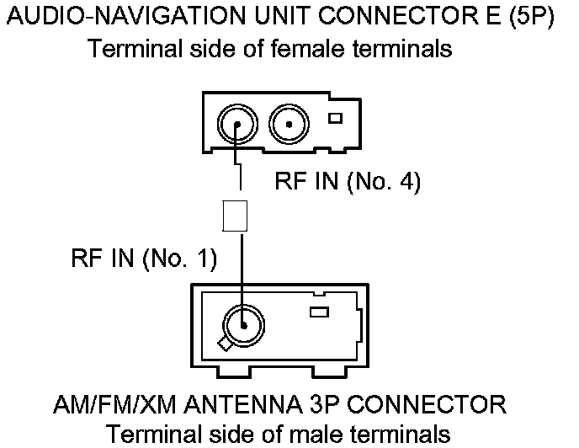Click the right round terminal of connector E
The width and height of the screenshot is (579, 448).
[x=289, y=127]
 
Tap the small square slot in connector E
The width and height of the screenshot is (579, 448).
[x=335, y=118]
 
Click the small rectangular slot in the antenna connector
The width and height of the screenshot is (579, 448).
[x=319, y=312]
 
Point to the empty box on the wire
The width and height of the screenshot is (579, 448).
[x=234, y=216]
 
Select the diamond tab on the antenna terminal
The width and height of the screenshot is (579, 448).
[x=225, y=343]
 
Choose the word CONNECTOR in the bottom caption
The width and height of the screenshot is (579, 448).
[x=429, y=405]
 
